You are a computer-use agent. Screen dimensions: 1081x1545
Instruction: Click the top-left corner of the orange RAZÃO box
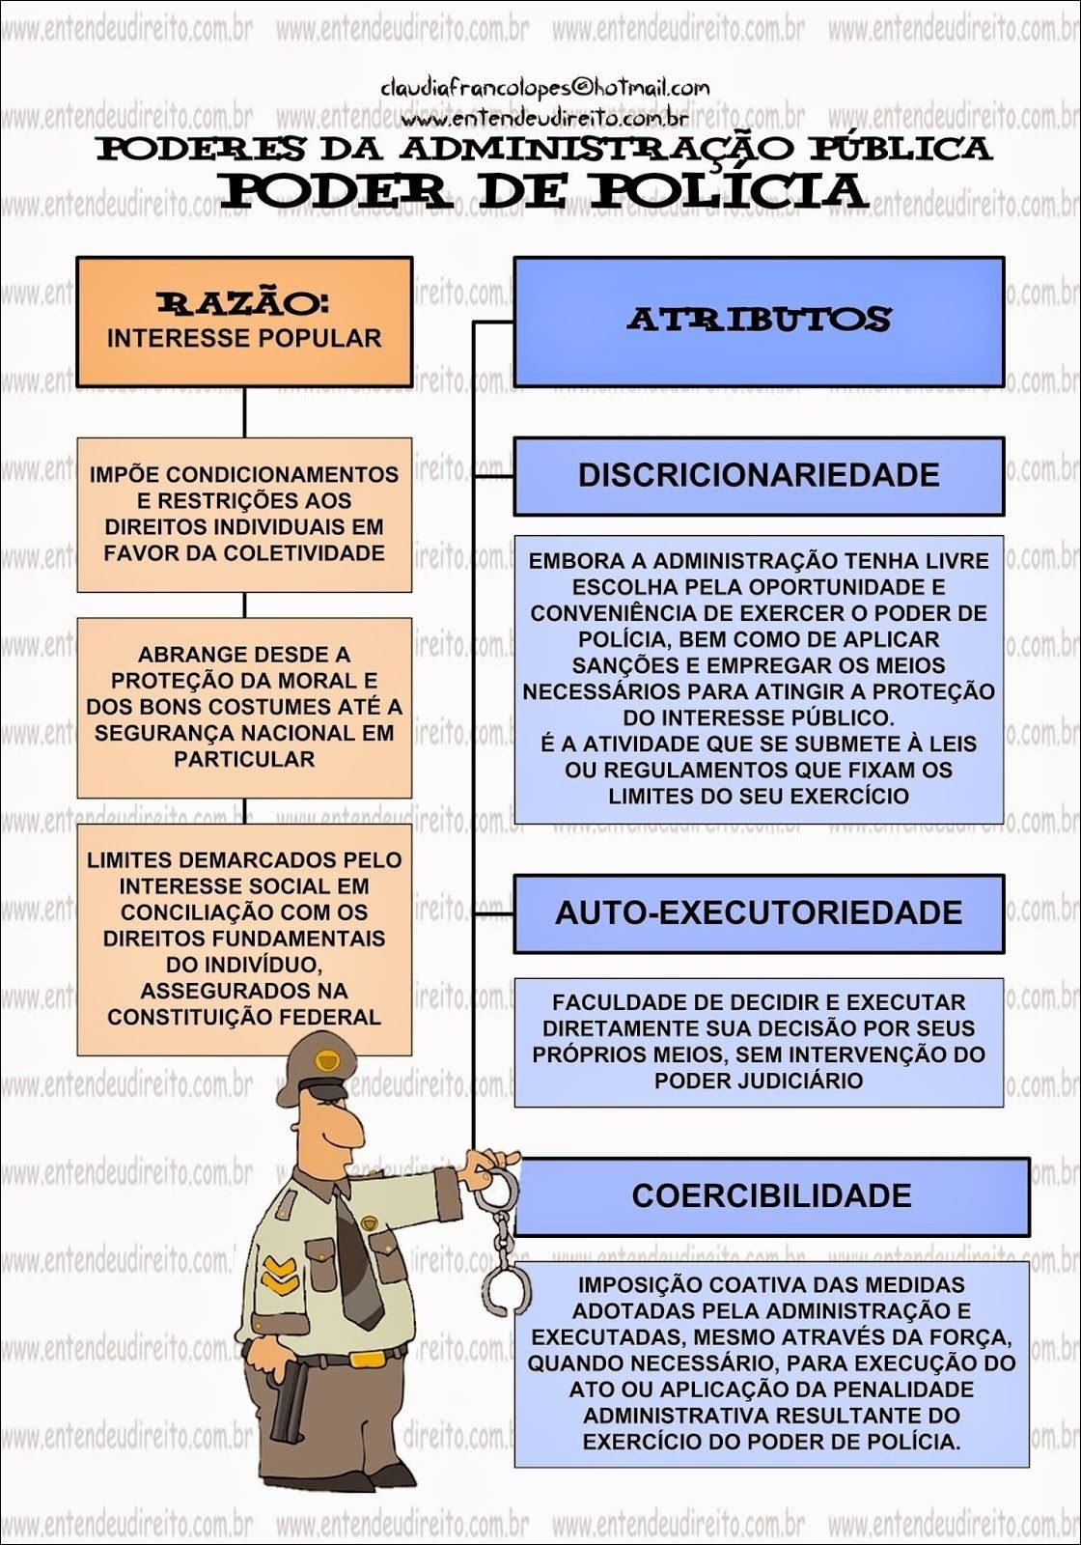pos(76,257)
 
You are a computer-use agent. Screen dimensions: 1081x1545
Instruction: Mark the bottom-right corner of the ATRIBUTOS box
pos(1005,386)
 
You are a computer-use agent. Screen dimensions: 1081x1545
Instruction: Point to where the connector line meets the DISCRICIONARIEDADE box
pos(513,476)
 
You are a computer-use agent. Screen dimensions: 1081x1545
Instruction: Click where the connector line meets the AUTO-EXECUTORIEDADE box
pos(513,913)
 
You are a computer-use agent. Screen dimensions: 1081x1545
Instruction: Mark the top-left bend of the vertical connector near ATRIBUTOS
pos(474,322)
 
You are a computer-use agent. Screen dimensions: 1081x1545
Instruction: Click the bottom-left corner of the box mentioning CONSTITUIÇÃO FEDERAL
pos(77,1055)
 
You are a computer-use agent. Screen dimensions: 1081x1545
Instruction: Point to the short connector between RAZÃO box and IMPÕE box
pos(245,411)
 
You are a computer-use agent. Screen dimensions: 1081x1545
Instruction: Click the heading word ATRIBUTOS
pos(759,320)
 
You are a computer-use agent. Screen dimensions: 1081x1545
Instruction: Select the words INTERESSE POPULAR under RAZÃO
pos(244,339)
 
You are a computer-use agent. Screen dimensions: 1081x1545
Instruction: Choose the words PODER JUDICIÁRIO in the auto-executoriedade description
pos(759,1081)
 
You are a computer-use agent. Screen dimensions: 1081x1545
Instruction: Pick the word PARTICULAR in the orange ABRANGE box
pos(244,759)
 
